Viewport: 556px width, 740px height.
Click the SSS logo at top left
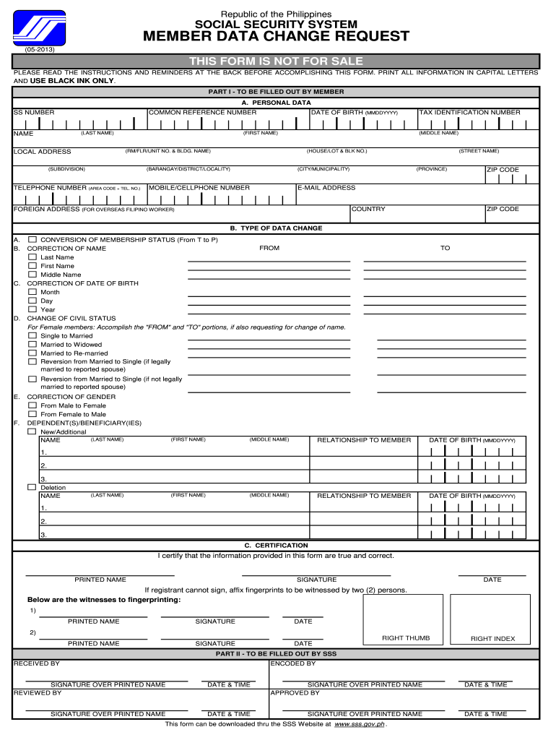coord(39,29)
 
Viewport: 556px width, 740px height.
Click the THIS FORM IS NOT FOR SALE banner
coord(276,61)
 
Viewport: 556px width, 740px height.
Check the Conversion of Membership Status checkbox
coord(32,239)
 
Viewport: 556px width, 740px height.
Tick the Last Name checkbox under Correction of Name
coord(32,257)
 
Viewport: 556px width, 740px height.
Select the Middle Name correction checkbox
coord(32,275)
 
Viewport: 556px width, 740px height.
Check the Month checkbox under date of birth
coord(32,292)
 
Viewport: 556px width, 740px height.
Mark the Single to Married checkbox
coord(32,336)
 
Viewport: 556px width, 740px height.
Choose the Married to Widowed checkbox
coord(32,345)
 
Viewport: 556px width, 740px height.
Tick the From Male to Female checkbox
coord(32,405)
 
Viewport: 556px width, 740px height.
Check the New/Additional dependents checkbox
coord(32,431)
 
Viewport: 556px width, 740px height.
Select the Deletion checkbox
coord(32,488)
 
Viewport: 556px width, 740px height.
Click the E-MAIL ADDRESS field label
coord(326,188)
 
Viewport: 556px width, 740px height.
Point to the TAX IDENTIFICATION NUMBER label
coord(469,113)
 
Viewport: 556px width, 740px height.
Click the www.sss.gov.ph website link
coord(360,723)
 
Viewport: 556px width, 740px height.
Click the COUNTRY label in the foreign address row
coord(368,210)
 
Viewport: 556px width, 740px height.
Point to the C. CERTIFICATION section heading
coord(276,546)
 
